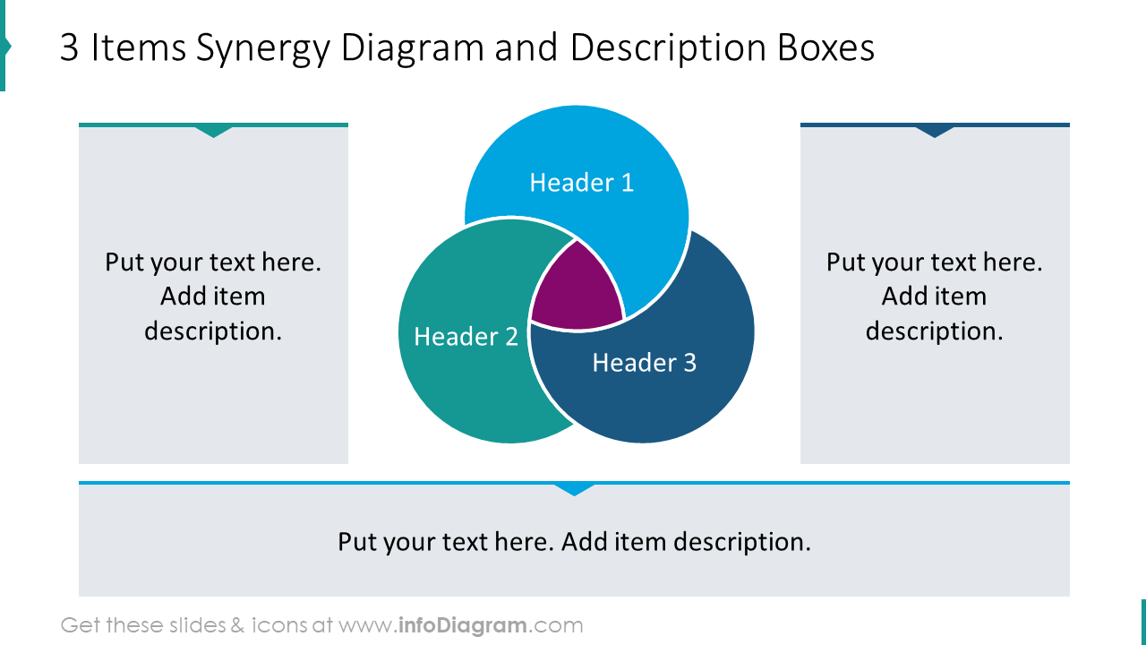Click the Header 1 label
(581, 183)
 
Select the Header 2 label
(466, 337)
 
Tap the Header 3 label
(644, 363)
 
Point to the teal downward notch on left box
(214, 132)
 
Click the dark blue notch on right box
(935, 132)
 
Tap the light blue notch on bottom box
(574, 489)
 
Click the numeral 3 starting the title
(70, 48)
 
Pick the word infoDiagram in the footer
(462, 625)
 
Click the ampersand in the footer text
(236, 625)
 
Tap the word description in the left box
(213, 331)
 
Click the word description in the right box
(934, 331)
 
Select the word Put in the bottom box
(357, 542)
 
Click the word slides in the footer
(200, 625)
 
